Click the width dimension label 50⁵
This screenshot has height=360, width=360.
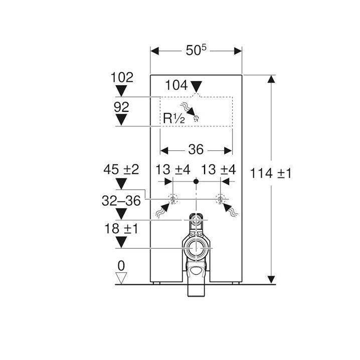click(x=196, y=50)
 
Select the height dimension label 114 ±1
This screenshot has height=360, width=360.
click(x=270, y=173)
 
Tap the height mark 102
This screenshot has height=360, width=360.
click(x=122, y=77)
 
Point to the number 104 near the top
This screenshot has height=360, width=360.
click(x=176, y=85)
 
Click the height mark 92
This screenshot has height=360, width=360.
click(x=121, y=107)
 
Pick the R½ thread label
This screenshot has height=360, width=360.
click(x=174, y=118)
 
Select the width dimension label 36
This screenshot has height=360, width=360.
click(x=196, y=149)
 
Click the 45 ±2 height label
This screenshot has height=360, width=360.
click(x=121, y=169)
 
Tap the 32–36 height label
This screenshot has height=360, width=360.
click(x=121, y=201)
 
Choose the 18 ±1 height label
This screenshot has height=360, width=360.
click(x=121, y=229)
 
